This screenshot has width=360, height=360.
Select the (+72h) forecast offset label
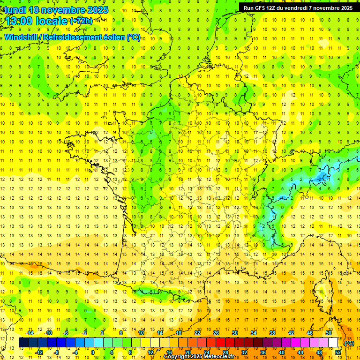click(81, 21)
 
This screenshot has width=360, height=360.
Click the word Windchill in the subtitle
click(22, 37)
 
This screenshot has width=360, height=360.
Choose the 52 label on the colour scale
click(338, 352)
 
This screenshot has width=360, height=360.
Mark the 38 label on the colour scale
click(272, 333)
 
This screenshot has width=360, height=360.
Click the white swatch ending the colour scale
click(333, 343)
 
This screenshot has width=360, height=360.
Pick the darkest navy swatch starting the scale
click(23, 343)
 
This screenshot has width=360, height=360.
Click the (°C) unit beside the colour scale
click(349, 343)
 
